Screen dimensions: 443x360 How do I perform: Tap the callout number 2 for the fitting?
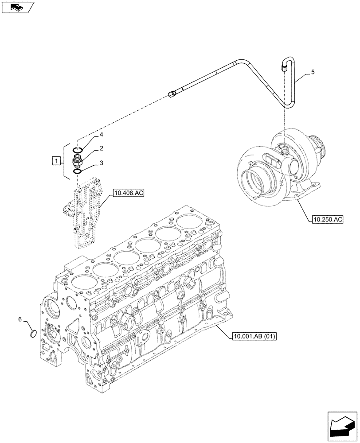(x=101, y=148)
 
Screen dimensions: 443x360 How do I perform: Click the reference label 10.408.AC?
(x=129, y=193)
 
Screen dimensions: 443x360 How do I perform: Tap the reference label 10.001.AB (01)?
(x=254, y=336)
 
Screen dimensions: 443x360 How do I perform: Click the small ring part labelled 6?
(x=32, y=333)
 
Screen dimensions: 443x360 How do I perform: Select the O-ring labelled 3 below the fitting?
(x=77, y=171)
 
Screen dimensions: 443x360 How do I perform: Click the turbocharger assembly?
(x=279, y=168)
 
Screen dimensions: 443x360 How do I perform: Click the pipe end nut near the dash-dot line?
(x=173, y=93)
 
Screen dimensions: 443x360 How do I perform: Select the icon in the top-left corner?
(x=18, y=7)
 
